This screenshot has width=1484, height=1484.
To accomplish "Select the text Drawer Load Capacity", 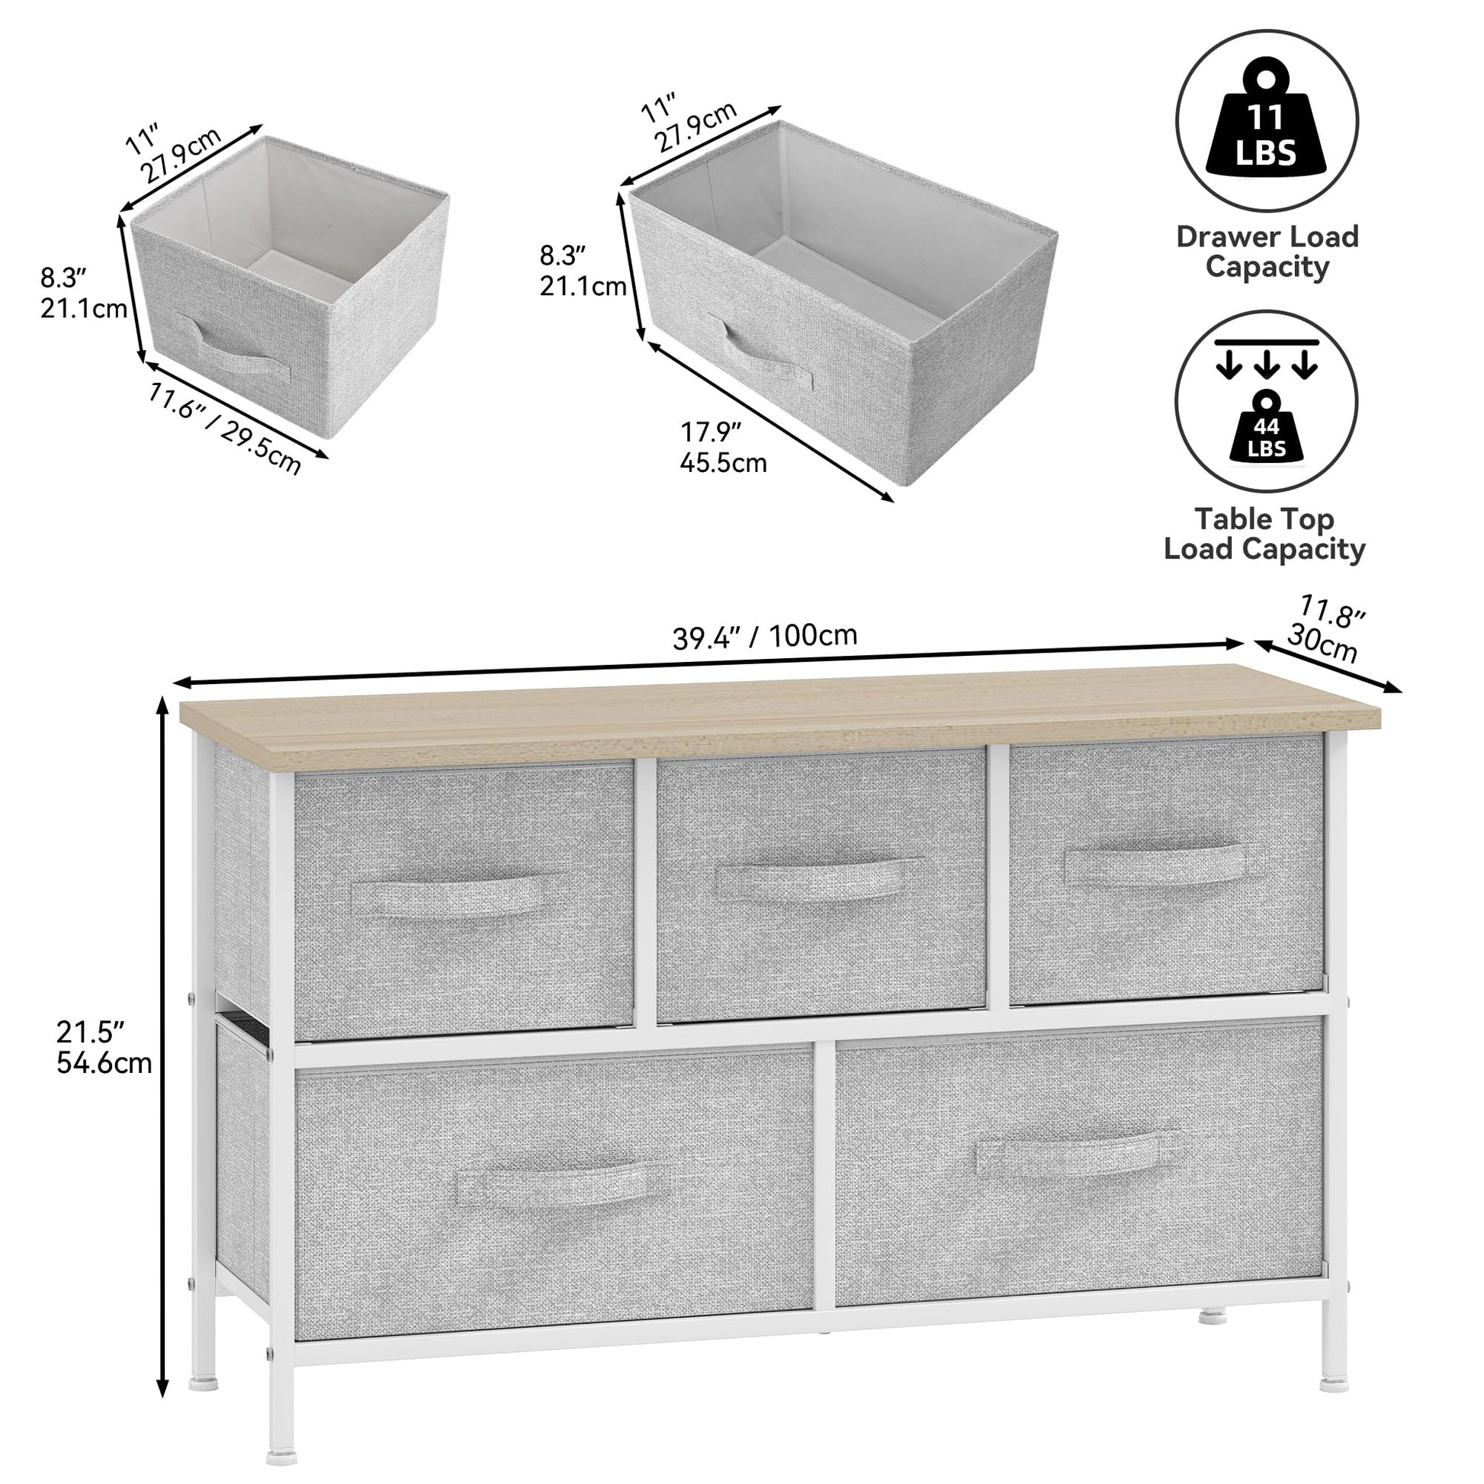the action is click(1267, 251).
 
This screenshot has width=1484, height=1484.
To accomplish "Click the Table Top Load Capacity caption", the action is click(1265, 534).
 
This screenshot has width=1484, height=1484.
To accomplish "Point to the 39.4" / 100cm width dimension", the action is click(765, 637).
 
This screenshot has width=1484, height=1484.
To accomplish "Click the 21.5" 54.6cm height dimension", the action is click(104, 1046).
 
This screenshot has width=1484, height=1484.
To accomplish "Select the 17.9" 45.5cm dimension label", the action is click(723, 447).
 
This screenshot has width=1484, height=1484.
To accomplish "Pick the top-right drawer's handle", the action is click(1161, 864).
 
